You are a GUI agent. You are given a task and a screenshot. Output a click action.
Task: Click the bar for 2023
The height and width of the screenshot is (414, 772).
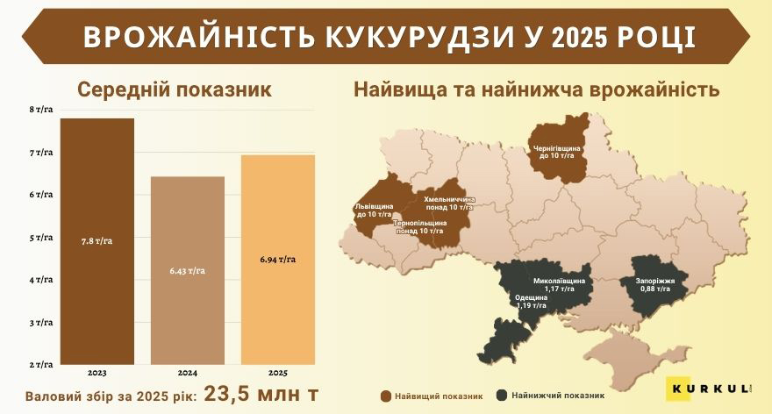[x=96, y=241]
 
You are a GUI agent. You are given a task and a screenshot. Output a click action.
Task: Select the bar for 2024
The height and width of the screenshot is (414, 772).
[x=188, y=270]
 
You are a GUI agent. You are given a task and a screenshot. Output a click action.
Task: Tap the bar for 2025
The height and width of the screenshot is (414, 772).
[x=277, y=260]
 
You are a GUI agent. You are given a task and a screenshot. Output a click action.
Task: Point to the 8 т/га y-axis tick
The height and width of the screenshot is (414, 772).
[x=41, y=110]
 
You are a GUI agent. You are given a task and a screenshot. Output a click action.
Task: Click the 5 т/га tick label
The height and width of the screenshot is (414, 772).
[x=41, y=238]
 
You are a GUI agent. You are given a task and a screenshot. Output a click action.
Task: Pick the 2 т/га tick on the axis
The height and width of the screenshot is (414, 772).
[x=41, y=364]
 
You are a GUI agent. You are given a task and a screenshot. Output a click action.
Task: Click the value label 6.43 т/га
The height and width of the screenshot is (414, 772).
[x=188, y=270]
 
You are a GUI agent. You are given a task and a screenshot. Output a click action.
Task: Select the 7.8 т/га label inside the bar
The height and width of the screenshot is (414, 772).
[x=96, y=241]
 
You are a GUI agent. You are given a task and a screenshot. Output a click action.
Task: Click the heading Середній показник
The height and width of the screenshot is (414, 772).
[x=175, y=90]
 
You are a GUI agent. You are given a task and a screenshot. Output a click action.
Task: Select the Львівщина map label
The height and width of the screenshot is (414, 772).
[x=373, y=210]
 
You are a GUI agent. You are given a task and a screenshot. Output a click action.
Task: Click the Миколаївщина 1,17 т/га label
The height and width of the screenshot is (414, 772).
[x=559, y=284]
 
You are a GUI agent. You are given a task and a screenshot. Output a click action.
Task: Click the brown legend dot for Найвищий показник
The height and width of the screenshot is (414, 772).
[x=386, y=395]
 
